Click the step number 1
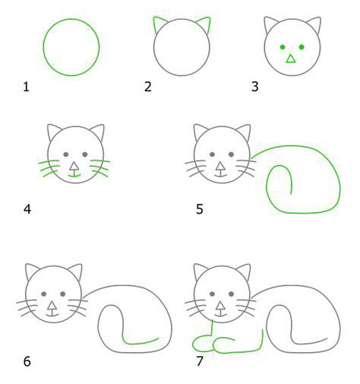(x=27, y=87)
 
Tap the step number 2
(x=148, y=87)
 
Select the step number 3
(x=255, y=87)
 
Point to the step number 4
(x=27, y=210)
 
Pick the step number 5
(x=200, y=210)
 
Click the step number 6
(x=27, y=361)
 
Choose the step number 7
(x=200, y=361)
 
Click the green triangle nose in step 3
(x=291, y=59)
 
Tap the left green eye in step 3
(x=283, y=47)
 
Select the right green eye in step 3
(x=302, y=47)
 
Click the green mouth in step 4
(x=74, y=175)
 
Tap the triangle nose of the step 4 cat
(x=74, y=167)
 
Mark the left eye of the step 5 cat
(x=213, y=154)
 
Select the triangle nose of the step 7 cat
(x=220, y=306)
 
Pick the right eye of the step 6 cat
(x=63, y=294)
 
